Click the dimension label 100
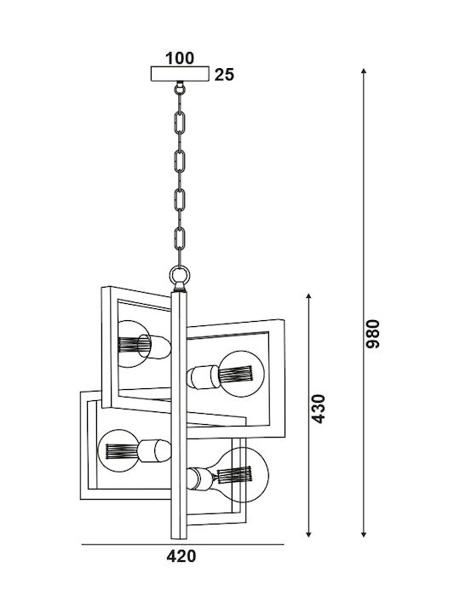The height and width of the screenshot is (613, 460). (180, 58)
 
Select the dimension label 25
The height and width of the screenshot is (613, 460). (224, 75)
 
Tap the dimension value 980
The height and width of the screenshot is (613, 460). (373, 334)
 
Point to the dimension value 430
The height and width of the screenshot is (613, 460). (319, 409)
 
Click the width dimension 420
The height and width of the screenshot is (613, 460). (181, 556)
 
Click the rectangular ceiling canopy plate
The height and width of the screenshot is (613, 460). (180, 74)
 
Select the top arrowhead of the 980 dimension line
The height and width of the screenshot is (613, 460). (364, 72)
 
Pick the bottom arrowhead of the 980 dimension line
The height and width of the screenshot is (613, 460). (364, 534)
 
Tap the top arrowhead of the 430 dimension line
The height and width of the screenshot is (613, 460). (309, 296)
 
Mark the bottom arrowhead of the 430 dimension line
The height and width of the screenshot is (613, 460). (309, 534)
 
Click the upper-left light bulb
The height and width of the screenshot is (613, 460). (135, 344)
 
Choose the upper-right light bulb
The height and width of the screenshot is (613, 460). (242, 374)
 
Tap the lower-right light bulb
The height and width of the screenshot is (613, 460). (241, 475)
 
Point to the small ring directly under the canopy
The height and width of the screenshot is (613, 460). (180, 89)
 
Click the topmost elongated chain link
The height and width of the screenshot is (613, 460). (179, 123)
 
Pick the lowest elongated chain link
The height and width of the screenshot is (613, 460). (179, 239)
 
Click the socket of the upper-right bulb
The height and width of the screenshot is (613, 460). (204, 377)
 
